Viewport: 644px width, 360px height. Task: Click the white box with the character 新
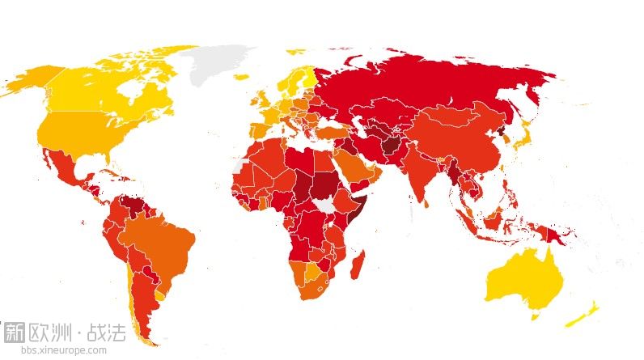[x=14, y=332]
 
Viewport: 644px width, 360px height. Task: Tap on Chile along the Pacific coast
[x=129, y=283]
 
